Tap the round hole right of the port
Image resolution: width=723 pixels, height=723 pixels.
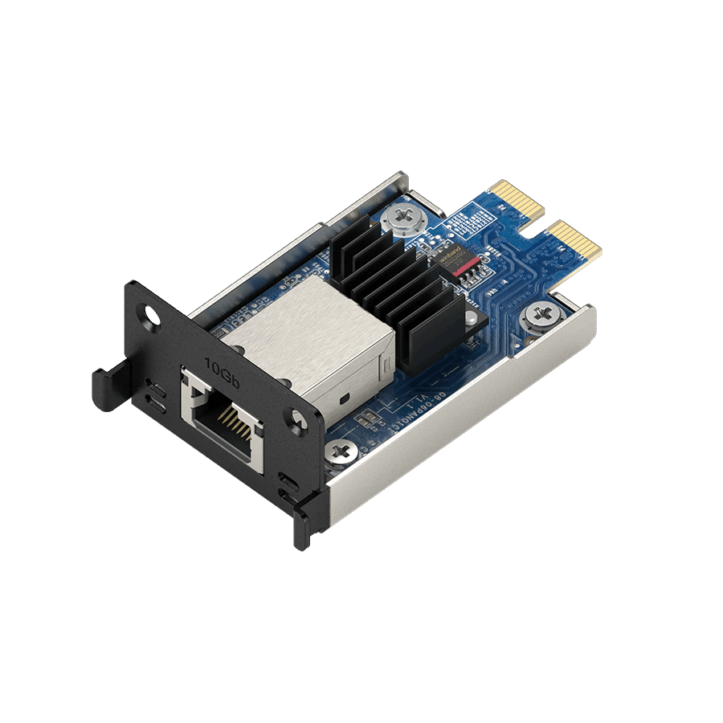(297, 419)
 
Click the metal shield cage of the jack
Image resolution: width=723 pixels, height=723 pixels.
(305, 337)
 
